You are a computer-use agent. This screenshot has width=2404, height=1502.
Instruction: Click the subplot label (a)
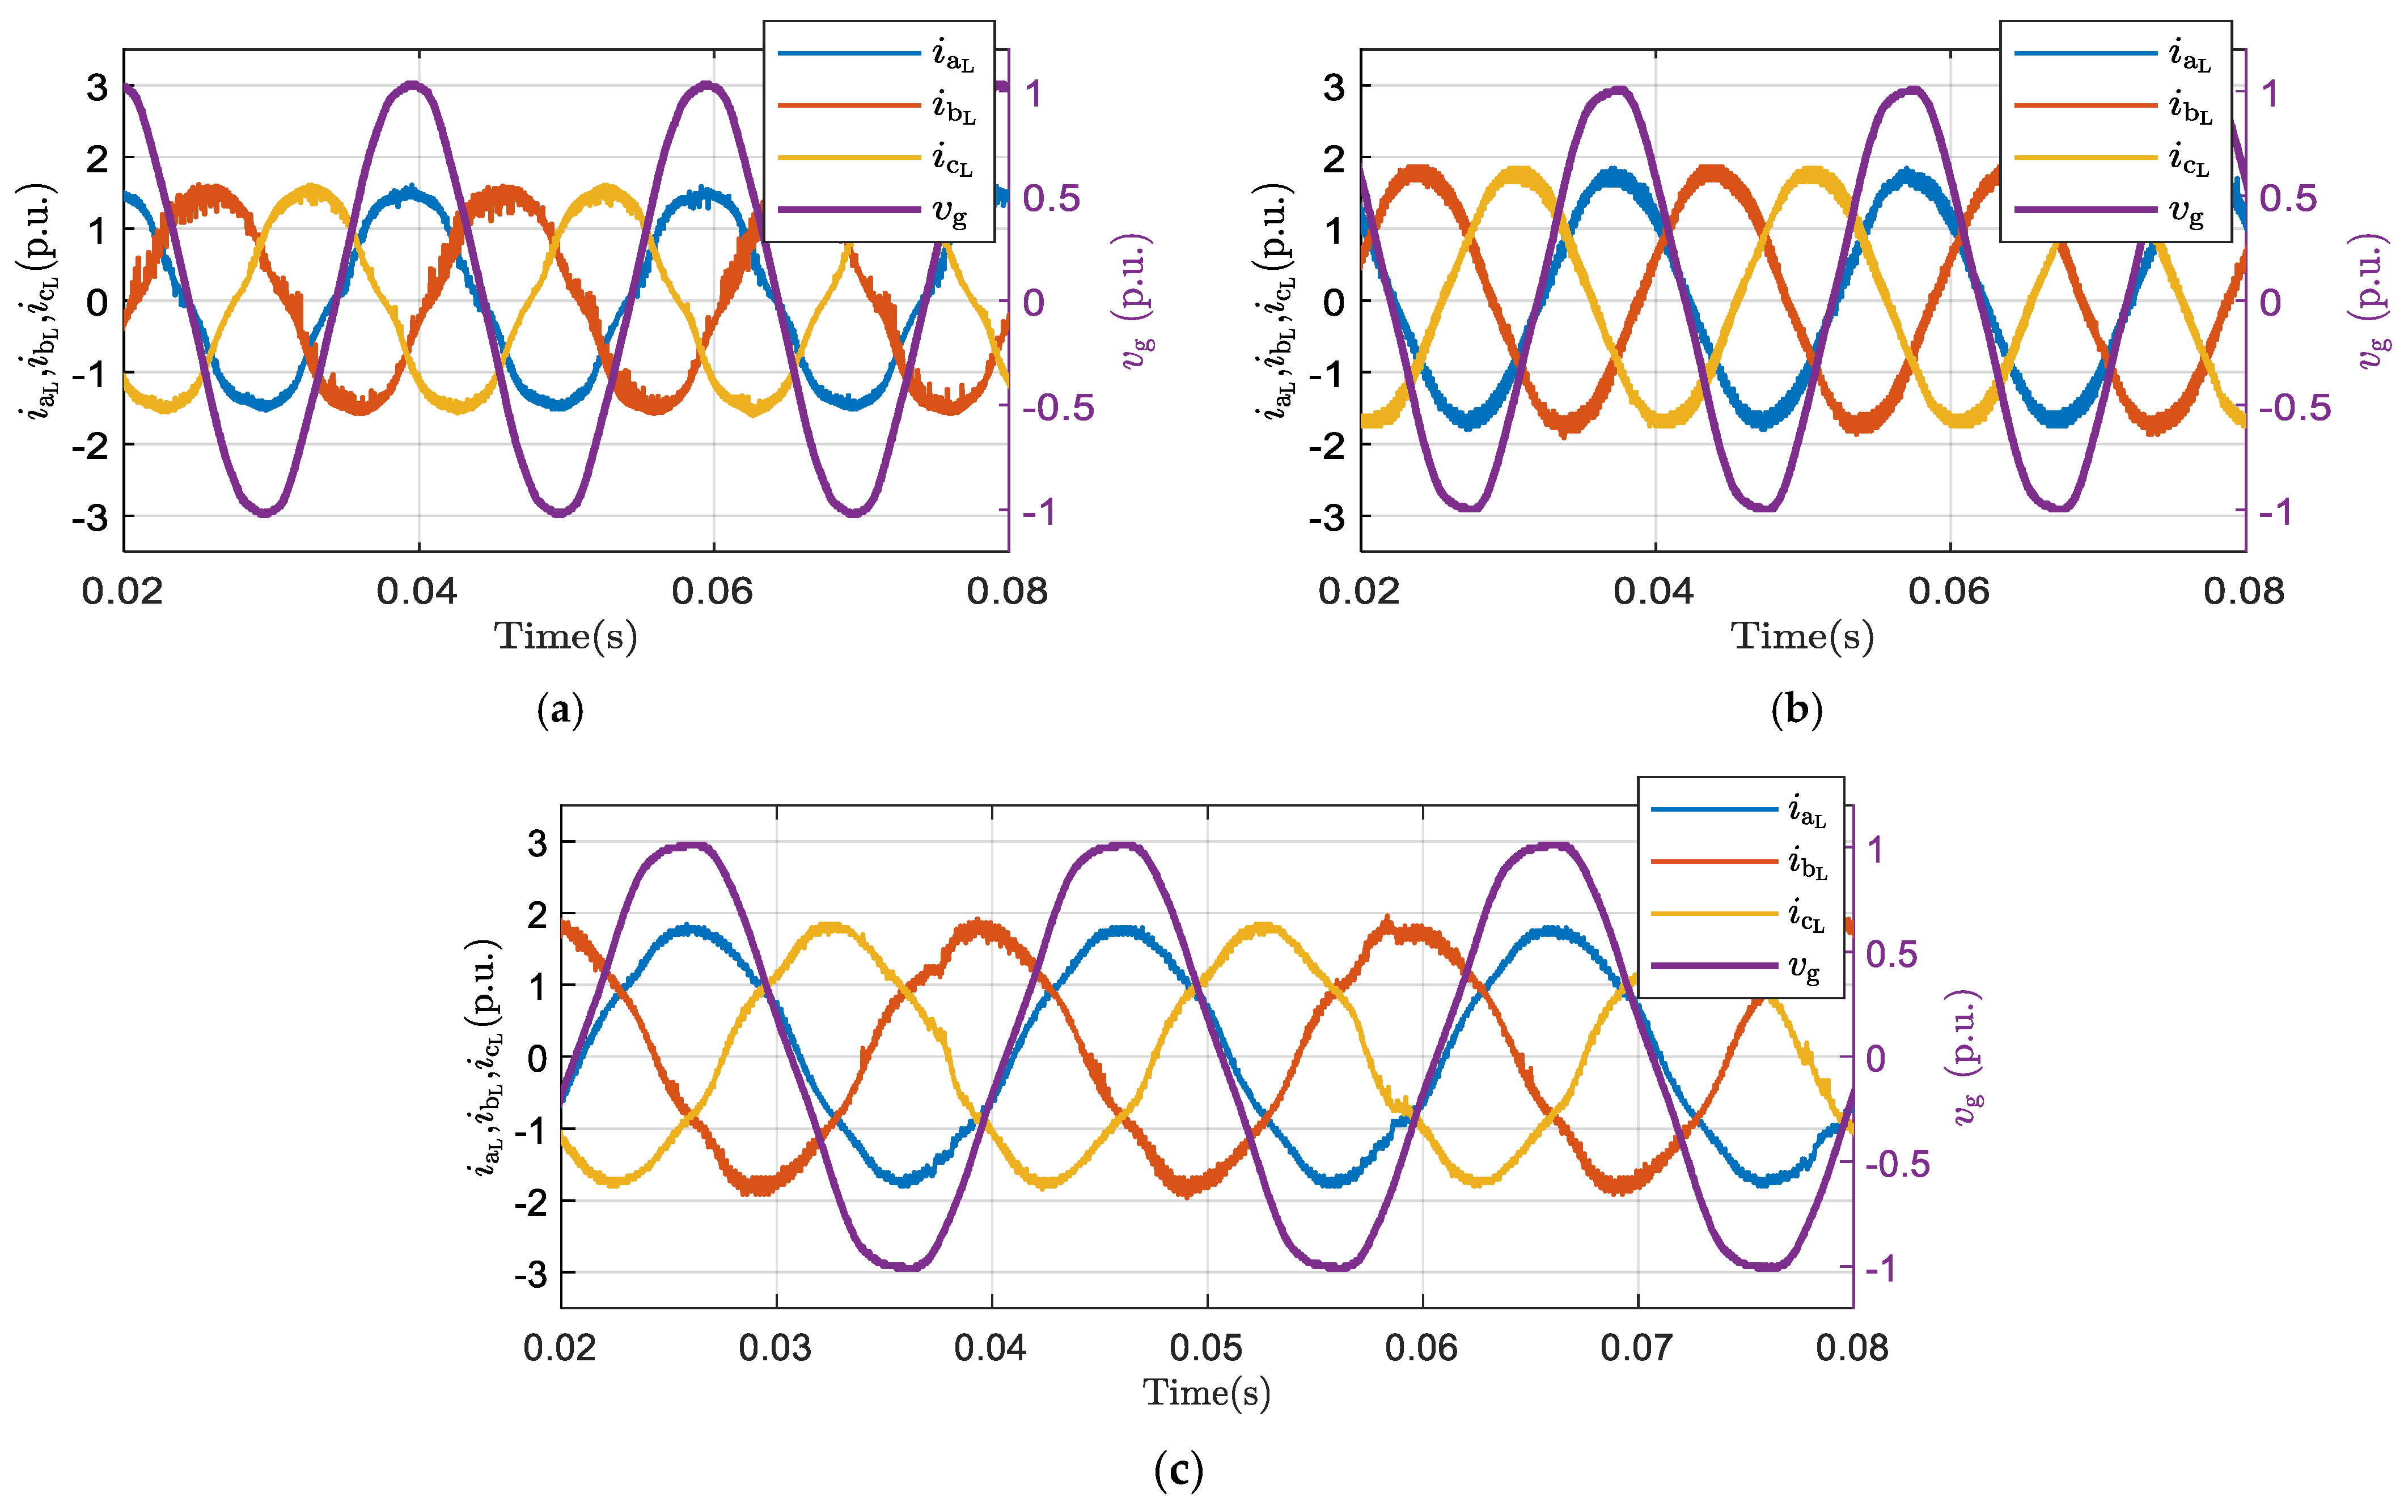tap(559, 710)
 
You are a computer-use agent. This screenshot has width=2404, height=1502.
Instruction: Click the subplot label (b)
tap(1796, 710)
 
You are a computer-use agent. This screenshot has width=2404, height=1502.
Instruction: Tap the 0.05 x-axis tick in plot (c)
tap(1206, 1348)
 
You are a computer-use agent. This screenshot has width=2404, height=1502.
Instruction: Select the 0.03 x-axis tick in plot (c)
tap(775, 1348)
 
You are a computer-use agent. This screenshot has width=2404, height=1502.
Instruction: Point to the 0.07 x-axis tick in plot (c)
tap(1637, 1348)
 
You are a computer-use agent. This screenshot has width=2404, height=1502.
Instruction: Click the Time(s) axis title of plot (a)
tap(565, 636)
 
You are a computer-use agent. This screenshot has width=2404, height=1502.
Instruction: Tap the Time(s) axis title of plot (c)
tap(1206, 1393)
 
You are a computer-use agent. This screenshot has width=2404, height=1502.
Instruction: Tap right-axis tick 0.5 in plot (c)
tap(1891, 954)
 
